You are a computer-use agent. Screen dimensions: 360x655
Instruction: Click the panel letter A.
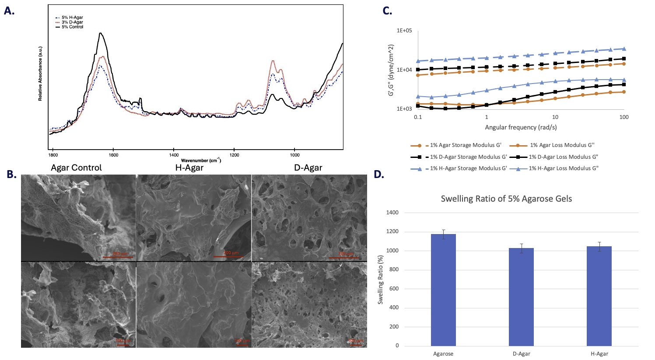point(9,11)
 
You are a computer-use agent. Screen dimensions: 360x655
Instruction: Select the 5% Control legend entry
point(72,27)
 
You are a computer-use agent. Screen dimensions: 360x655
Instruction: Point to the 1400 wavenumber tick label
point(174,155)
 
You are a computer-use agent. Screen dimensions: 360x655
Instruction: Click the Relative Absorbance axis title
point(40,73)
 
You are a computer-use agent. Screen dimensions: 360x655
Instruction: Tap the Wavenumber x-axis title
point(201,161)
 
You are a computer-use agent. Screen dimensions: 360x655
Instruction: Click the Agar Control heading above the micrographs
point(76,168)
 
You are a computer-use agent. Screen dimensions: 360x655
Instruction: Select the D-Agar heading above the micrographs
point(308,168)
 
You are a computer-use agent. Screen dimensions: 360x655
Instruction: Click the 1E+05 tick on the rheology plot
point(404,31)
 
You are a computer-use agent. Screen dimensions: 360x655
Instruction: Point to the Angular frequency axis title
point(521,127)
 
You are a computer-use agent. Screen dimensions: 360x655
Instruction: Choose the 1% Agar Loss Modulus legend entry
point(562,145)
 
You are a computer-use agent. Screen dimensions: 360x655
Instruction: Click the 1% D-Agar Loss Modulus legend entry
point(563,157)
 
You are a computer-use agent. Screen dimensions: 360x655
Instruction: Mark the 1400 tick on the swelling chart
point(392,213)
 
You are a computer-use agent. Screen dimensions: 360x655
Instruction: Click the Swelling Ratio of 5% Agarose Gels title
point(506,199)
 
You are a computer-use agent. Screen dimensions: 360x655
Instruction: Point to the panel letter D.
point(379,175)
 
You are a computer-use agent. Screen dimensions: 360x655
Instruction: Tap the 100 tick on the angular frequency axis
point(624,117)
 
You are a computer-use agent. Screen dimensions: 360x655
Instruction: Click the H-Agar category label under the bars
point(599,354)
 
